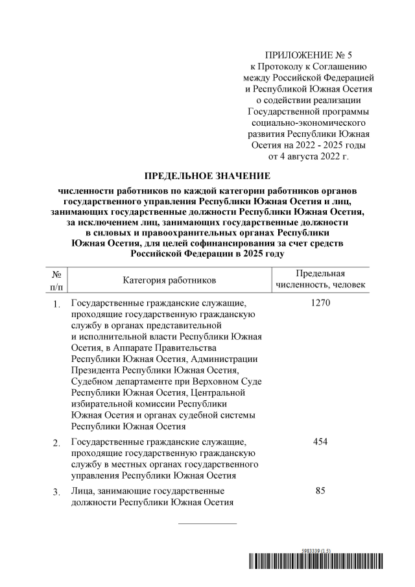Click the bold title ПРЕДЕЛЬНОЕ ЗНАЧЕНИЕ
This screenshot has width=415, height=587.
(x=207, y=176)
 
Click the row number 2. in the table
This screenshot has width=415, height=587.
(x=56, y=443)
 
